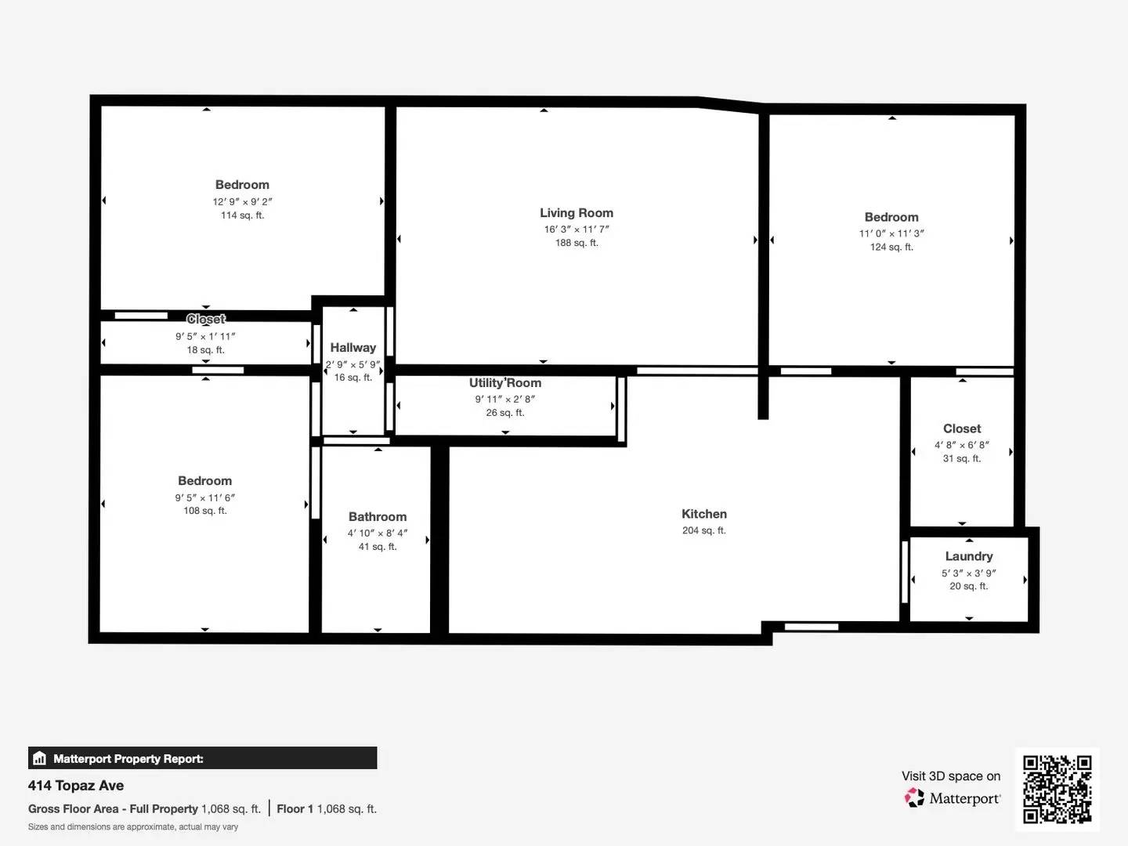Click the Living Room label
click(x=576, y=213)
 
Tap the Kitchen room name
click(x=703, y=514)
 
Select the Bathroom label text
click(x=378, y=517)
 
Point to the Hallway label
click(x=352, y=348)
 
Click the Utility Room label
click(x=504, y=383)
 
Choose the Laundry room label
click(x=968, y=556)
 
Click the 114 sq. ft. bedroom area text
click(x=242, y=215)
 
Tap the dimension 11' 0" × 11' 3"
click(x=891, y=233)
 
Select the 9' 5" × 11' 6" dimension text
click(x=204, y=497)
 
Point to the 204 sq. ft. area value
click(x=703, y=531)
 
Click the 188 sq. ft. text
click(x=576, y=244)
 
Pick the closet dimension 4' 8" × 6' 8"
click(x=961, y=445)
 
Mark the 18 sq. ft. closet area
click(x=205, y=350)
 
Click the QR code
click(x=1057, y=789)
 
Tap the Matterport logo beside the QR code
click(x=913, y=797)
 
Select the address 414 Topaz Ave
click(x=76, y=786)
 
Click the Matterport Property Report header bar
click(x=202, y=758)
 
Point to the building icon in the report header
click(x=39, y=758)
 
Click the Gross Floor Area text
click(x=113, y=809)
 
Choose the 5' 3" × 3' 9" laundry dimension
click(x=968, y=573)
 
